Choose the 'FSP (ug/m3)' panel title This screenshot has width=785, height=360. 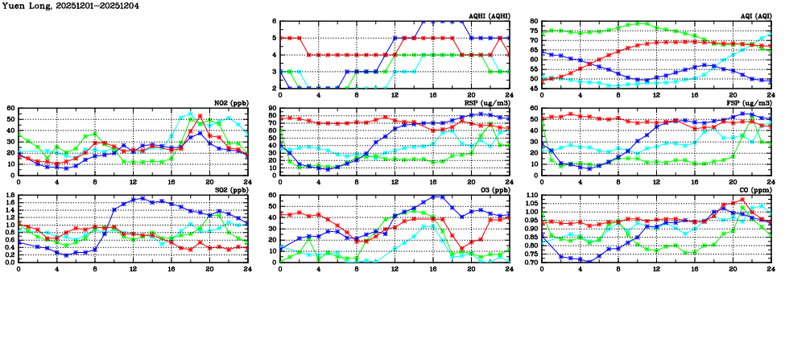click(752, 102)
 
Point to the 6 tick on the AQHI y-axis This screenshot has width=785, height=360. click(275, 22)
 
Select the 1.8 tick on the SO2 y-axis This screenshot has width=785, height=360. click(10, 195)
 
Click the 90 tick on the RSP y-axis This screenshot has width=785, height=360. click(272, 108)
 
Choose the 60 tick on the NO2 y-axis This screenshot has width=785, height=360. click(11, 108)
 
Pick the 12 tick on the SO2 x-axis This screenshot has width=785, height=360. click(133, 268)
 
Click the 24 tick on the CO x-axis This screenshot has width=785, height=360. click(771, 268)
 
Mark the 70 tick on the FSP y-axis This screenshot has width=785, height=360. click(535, 108)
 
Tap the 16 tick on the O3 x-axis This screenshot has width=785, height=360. click(433, 268)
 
